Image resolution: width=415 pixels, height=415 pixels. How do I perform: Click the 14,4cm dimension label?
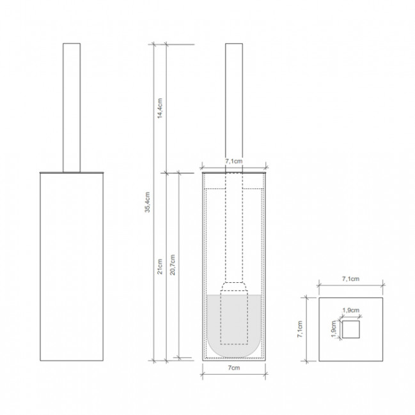(x=160, y=108)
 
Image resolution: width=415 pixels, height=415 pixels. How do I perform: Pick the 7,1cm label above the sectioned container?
(x=235, y=163)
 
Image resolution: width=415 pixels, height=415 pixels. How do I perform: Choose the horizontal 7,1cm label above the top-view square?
(x=350, y=278)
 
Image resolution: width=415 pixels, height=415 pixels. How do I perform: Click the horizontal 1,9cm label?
(x=350, y=310)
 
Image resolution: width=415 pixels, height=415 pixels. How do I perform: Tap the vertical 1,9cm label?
(x=333, y=329)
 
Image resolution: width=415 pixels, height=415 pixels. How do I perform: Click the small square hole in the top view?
(x=350, y=329)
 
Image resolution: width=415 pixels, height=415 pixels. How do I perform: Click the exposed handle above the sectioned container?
(x=235, y=102)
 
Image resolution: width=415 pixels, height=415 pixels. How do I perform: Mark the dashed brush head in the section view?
(x=235, y=316)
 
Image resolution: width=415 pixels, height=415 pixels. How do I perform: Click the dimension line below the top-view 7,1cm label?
(x=350, y=285)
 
